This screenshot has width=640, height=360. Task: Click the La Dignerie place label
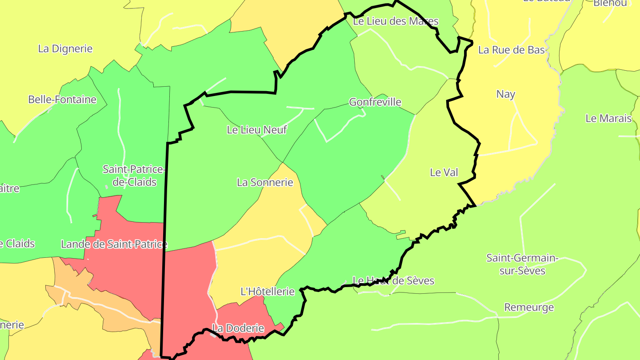click(x=65, y=49)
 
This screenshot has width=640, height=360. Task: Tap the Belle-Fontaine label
click(x=62, y=100)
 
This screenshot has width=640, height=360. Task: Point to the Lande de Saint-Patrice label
click(x=114, y=244)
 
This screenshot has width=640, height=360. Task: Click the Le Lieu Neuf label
click(x=257, y=130)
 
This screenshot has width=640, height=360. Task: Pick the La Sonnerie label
click(x=265, y=182)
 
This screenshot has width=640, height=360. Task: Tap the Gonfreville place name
click(x=375, y=102)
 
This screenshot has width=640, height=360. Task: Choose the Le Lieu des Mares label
click(x=396, y=21)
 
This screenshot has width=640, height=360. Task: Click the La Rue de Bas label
click(x=512, y=50)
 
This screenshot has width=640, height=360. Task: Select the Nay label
click(x=506, y=94)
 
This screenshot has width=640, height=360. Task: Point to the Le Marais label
click(x=608, y=118)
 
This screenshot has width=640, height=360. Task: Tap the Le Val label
click(x=444, y=172)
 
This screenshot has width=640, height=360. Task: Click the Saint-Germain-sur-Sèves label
click(x=522, y=264)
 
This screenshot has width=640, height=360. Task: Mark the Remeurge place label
click(x=529, y=307)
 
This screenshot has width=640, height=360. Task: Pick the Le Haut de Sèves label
click(x=393, y=280)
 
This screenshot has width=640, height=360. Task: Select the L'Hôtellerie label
click(x=268, y=292)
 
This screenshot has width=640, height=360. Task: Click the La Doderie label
click(x=238, y=329)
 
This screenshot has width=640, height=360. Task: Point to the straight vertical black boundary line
click(x=164, y=249)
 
